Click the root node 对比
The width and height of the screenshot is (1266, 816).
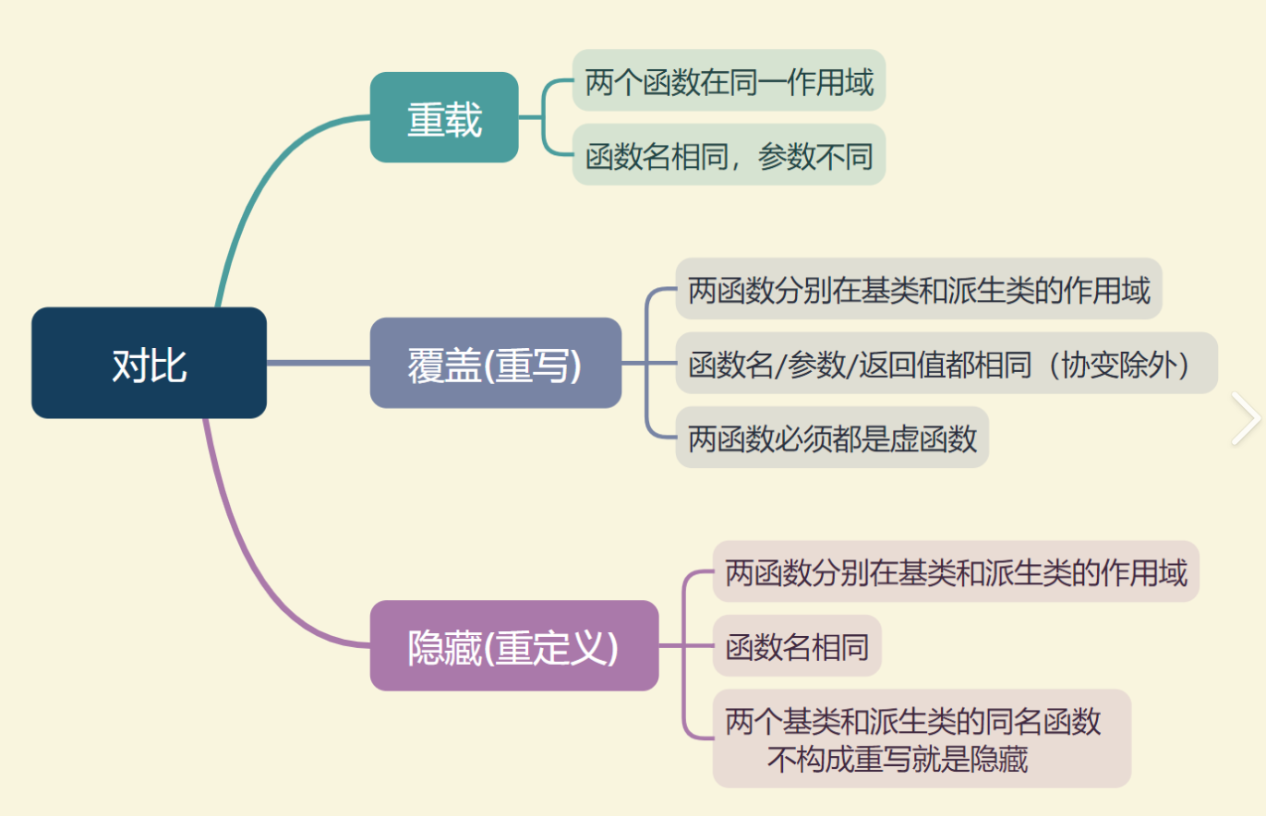(149, 363)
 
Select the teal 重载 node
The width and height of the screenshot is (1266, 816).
(444, 117)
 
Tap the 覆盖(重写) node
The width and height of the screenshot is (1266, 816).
(495, 363)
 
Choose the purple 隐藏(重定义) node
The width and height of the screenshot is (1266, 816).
(513, 645)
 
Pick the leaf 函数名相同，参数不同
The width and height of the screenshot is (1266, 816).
(729, 154)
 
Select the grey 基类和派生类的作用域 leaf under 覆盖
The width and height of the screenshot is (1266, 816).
(918, 289)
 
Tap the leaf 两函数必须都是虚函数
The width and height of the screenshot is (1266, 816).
(831, 437)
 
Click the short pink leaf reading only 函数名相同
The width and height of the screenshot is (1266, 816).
(796, 645)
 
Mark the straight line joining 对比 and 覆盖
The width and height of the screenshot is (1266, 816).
(318, 363)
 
